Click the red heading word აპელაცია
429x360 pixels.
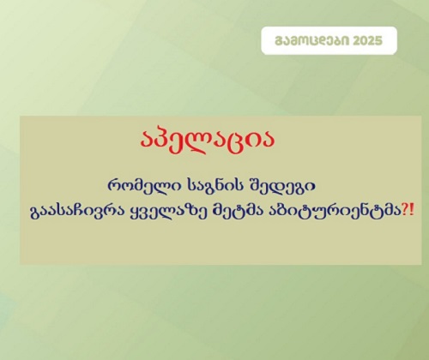point(208,141)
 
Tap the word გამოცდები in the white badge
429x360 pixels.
point(311,41)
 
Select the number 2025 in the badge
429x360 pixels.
point(367,41)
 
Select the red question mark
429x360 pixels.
point(405,211)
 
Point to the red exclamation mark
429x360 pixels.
point(412,211)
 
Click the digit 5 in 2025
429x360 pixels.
point(378,41)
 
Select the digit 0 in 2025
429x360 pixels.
point(364,41)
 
